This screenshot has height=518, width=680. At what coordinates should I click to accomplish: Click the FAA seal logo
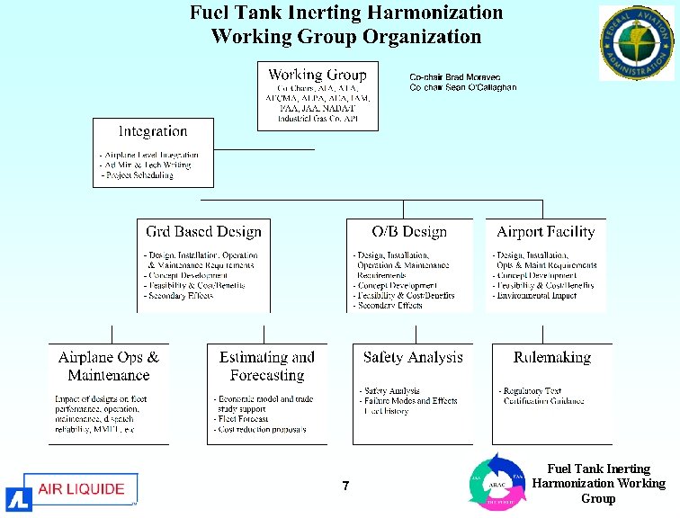(x=637, y=42)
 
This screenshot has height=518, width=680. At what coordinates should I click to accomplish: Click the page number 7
(x=345, y=487)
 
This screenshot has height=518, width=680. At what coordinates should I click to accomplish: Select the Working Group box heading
(x=318, y=75)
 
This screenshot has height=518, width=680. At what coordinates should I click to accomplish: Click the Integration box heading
(x=153, y=131)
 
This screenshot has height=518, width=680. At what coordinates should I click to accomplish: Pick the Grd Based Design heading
(x=203, y=232)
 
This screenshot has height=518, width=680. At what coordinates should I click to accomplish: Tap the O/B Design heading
(x=409, y=232)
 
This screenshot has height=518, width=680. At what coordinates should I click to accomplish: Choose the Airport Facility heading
(x=546, y=232)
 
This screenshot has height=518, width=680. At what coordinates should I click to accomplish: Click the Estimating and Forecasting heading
(x=267, y=366)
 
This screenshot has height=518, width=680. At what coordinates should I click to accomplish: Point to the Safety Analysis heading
(x=413, y=357)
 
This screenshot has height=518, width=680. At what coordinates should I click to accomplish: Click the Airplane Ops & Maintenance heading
(x=109, y=366)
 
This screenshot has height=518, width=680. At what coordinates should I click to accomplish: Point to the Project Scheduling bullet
(x=137, y=175)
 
